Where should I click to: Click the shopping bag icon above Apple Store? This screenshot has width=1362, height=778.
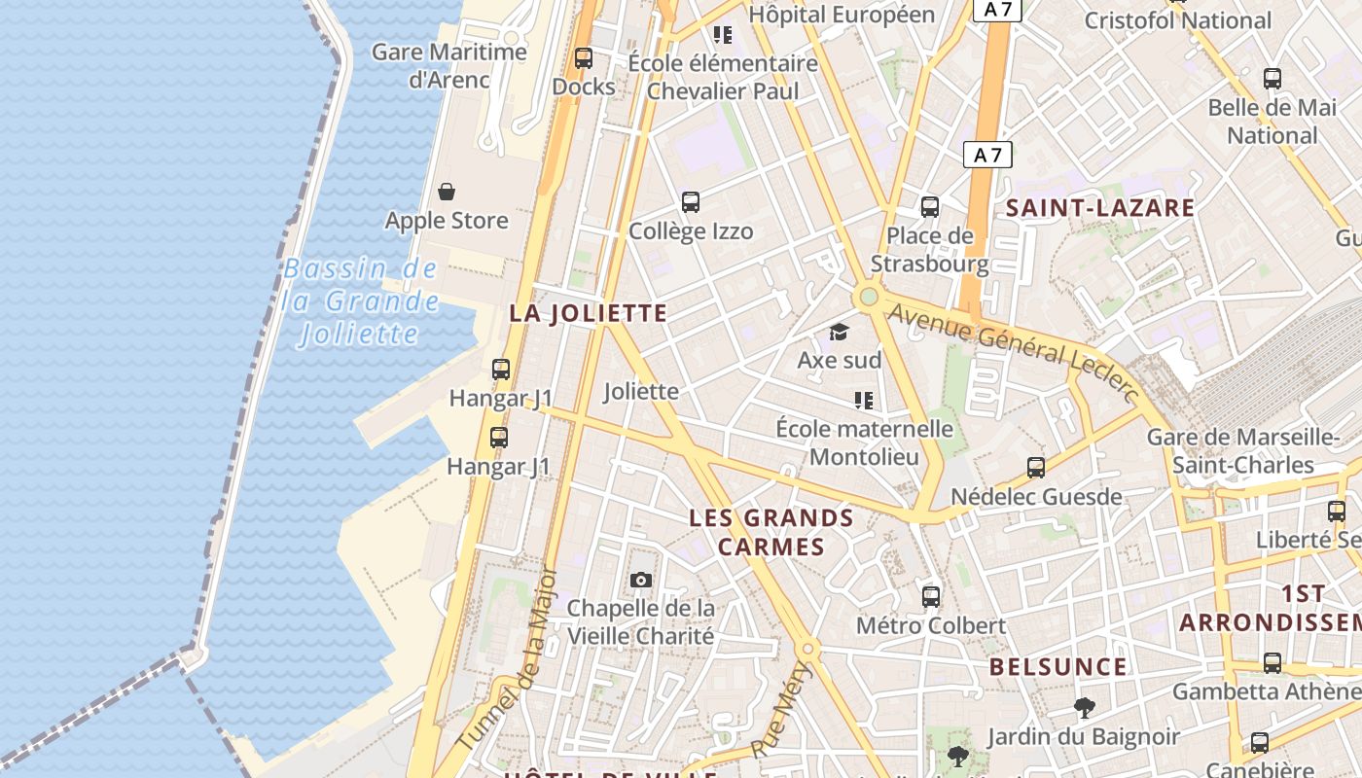[447, 192]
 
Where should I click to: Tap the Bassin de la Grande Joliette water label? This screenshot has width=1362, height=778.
[361, 301]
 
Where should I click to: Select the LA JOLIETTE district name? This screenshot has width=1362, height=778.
[589, 313]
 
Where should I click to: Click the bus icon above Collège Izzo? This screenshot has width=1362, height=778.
[691, 202]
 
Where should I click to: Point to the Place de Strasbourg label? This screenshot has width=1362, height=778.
[929, 250]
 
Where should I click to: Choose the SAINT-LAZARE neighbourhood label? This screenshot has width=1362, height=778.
[1100, 207]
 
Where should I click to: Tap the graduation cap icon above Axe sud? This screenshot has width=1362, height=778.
[839, 333]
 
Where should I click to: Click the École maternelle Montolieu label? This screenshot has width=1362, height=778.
[864, 442]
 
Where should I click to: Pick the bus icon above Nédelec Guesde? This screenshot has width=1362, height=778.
[1036, 468]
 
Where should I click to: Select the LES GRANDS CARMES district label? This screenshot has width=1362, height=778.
[771, 532]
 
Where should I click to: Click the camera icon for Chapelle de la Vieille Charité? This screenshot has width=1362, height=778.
[640, 581]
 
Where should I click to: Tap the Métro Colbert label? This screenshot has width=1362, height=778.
[930, 625]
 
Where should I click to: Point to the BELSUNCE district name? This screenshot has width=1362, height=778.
[1058, 667]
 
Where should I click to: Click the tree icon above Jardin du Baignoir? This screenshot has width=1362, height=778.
[1084, 708]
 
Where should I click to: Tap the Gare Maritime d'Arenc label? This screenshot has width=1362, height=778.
[449, 65]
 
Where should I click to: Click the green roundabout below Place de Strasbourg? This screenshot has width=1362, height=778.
[868, 297]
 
